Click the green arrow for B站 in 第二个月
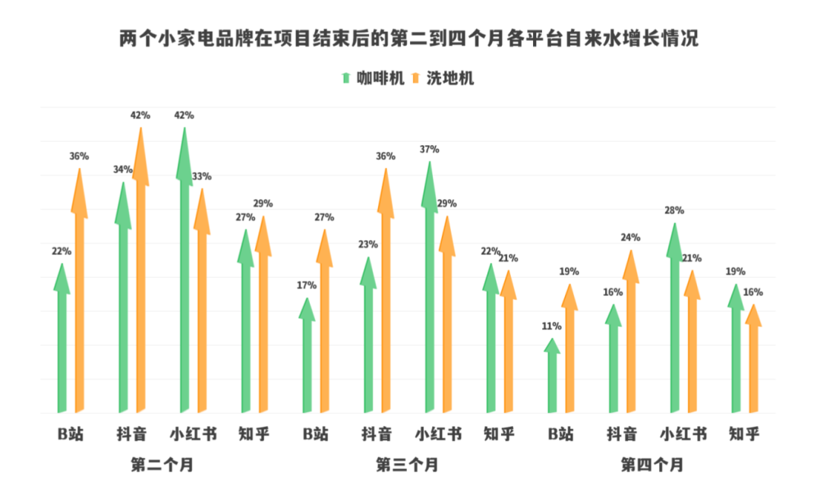pos(61,342)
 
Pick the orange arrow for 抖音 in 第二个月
pos(140,273)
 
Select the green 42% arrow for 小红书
pos(184,273)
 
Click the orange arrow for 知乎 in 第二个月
pos(263,319)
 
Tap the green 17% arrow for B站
pos(307,357)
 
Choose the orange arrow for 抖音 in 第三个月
pos(386,296)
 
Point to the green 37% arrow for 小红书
pos(430,288)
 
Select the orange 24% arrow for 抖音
pos(631,334)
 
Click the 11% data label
pos(552,326)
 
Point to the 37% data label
pos(430,150)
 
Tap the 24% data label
pos(631,238)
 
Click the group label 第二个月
pos(162,465)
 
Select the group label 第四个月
pos(652,465)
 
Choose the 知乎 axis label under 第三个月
pos(499,434)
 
